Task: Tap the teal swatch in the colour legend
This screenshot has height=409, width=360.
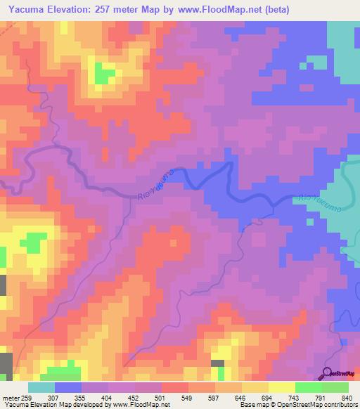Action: point(41,387)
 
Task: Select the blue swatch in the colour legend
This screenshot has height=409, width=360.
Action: point(68,387)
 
